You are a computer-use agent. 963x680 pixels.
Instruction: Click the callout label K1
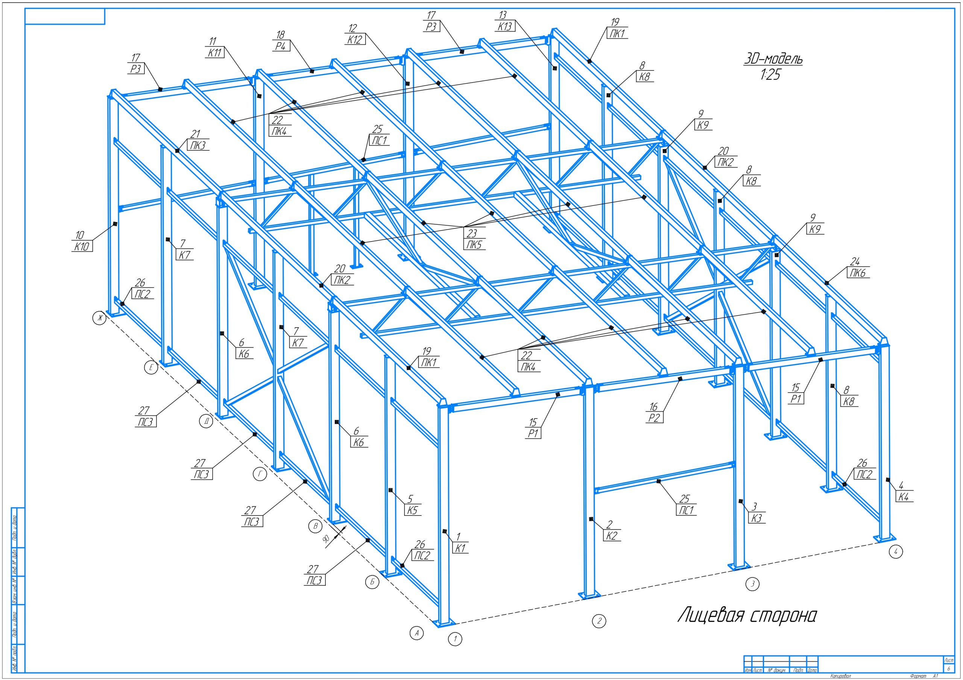point(460,548)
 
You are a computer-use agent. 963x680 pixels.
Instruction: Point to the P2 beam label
point(654,418)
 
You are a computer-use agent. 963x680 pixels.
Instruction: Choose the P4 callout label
point(281,46)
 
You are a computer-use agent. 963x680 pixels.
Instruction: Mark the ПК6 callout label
point(858,273)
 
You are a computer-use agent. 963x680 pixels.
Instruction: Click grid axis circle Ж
point(99,319)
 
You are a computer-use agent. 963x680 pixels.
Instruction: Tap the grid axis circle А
point(416,633)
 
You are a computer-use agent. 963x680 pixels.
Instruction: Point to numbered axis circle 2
point(599,621)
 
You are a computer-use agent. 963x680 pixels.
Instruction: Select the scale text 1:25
point(771,75)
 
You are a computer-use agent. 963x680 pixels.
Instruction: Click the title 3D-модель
point(773,59)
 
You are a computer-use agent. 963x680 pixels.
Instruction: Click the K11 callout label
point(214,53)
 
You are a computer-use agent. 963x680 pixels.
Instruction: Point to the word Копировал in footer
point(840,676)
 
